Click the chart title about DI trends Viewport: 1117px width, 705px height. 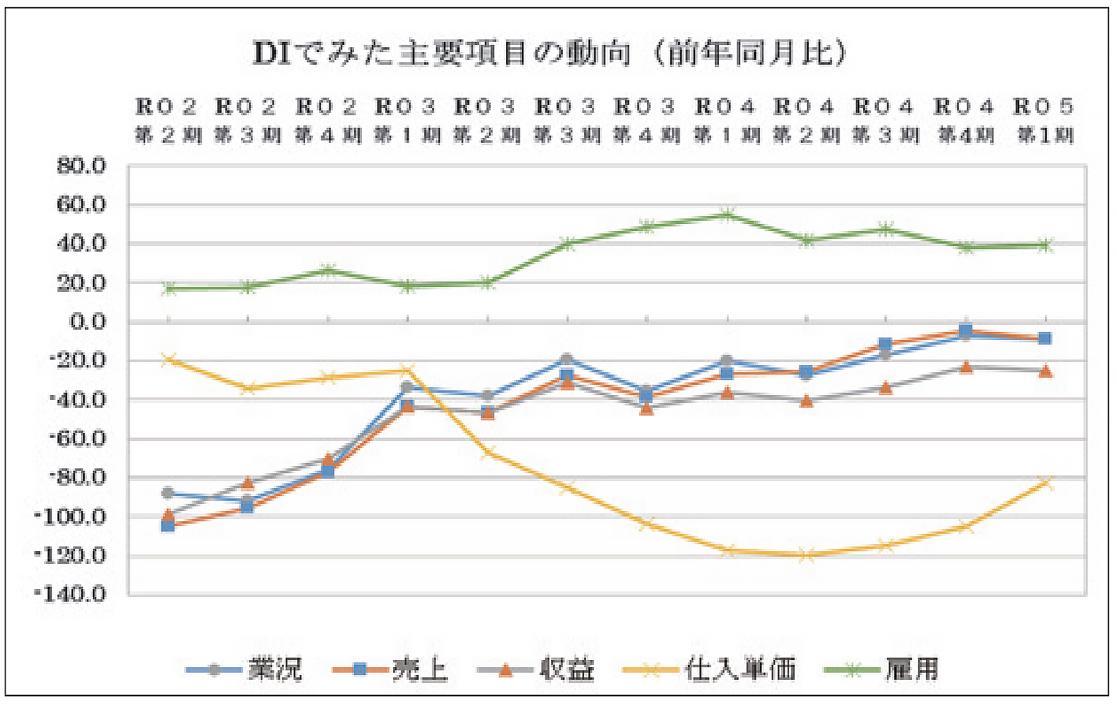coord(549,53)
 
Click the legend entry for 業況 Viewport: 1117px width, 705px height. coord(244,670)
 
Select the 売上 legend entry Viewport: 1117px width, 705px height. coord(390,670)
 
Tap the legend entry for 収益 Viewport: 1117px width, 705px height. coord(537,670)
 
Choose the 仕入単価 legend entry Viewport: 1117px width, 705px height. coord(709,670)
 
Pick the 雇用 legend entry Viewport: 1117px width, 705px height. coord(883,670)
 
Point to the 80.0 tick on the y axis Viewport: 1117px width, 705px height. coord(81,166)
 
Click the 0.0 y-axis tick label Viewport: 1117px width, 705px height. coord(87,322)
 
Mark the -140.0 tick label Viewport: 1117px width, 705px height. coord(71,594)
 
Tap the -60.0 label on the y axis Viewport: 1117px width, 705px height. coord(76,438)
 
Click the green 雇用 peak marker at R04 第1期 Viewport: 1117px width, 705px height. coord(726,214)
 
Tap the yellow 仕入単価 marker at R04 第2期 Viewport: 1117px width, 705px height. coord(806,555)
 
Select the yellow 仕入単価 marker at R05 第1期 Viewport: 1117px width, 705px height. coord(1044,483)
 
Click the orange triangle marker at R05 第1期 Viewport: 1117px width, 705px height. coord(1044,371)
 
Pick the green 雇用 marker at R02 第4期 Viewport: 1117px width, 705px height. coord(327,271)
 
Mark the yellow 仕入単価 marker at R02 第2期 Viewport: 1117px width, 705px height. coord(168,360)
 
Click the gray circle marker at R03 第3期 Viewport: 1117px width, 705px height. coord(566,360)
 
